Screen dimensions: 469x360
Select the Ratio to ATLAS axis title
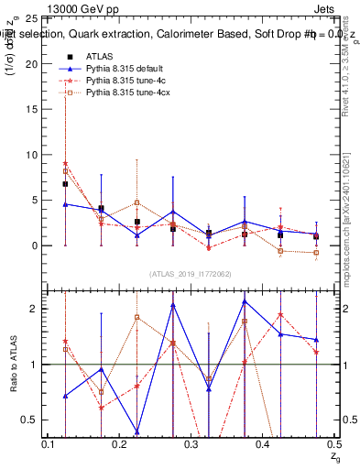click(x=14, y=365)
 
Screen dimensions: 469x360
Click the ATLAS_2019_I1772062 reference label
click(x=191, y=274)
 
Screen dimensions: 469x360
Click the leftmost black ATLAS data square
click(x=65, y=184)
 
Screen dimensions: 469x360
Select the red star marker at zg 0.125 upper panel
click(x=65, y=163)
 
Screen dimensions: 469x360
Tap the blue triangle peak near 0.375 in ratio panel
click(x=245, y=301)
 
